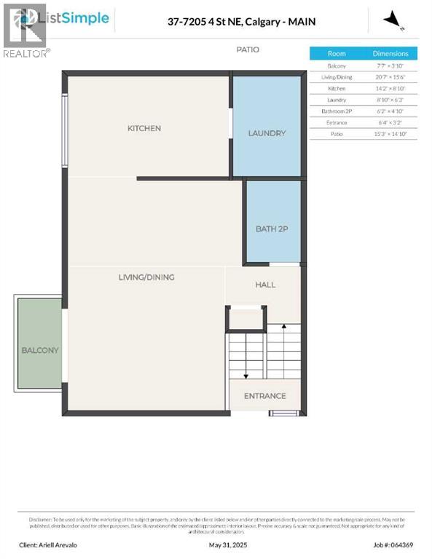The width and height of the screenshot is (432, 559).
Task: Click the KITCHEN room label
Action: point(144,129)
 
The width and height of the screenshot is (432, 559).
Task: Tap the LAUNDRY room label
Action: point(267,133)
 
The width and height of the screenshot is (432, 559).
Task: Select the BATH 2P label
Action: point(272,229)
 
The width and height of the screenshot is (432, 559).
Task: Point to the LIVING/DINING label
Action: point(146,277)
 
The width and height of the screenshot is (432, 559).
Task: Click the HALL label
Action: point(265,285)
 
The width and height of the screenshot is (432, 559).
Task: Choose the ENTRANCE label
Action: point(264,396)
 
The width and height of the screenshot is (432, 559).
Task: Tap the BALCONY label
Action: point(40,350)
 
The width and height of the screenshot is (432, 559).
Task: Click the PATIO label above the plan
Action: point(247,49)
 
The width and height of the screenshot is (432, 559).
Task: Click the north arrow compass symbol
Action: point(394,20)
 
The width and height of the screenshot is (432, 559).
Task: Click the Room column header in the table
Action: point(337,54)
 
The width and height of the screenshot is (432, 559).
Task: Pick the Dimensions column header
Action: point(390,54)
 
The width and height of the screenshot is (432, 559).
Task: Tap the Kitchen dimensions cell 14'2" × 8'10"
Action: point(390,88)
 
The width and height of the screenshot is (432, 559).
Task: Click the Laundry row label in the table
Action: point(337,100)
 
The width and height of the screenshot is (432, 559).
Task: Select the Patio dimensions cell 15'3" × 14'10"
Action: point(390,134)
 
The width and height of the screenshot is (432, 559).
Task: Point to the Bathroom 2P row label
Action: point(337,111)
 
